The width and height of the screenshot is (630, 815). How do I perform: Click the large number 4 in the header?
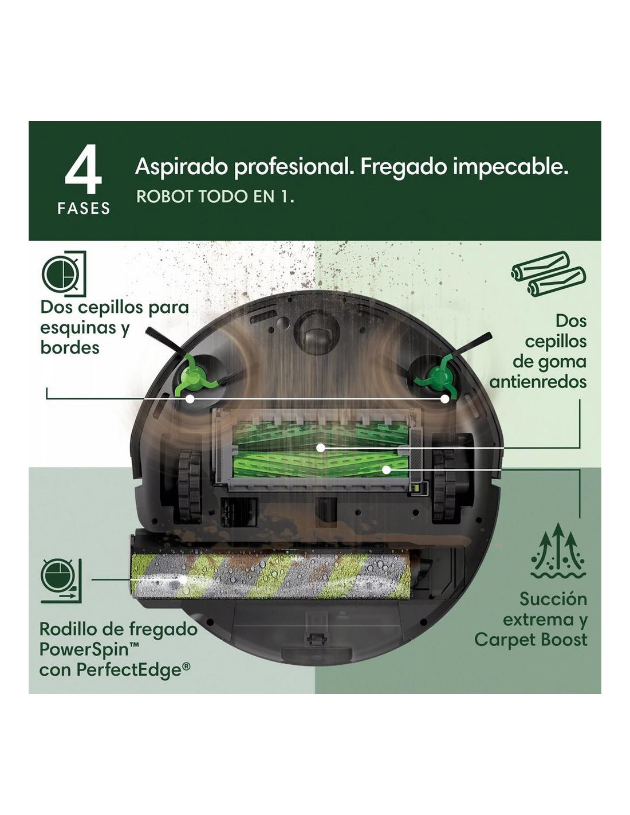tap(83, 170)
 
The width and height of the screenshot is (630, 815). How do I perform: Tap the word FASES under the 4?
tap(84, 208)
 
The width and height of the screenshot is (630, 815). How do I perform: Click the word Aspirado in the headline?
tap(182, 167)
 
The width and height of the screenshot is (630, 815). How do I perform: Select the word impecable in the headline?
tap(510, 167)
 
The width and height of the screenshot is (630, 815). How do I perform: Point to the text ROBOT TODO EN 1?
tap(215, 196)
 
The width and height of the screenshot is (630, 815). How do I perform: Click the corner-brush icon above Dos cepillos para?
tap(64, 274)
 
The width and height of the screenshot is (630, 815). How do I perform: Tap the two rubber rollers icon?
tap(548, 274)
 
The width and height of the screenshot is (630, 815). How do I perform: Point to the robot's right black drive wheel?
tap(444, 485)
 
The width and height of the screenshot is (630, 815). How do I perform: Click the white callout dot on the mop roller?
tap(183, 579)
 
